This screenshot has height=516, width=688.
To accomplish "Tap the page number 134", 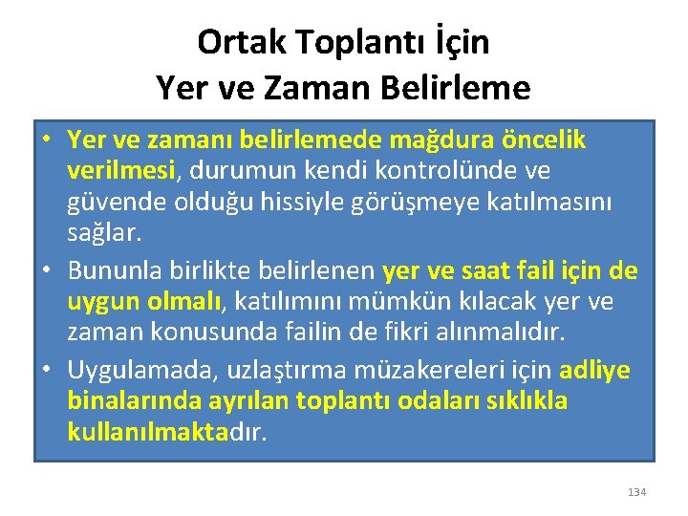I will (636, 492).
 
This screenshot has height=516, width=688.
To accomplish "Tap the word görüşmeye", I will (426, 204).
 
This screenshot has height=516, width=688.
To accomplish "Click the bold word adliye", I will (594, 369).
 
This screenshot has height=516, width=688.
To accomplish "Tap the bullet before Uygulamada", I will (47, 369).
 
